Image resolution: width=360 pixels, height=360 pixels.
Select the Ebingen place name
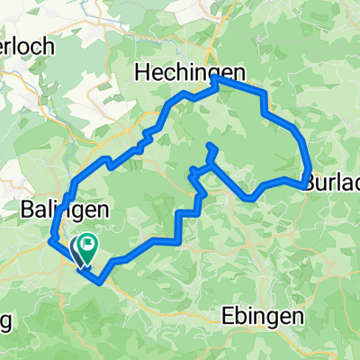click(262, 317)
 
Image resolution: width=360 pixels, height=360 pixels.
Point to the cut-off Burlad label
click(332, 183)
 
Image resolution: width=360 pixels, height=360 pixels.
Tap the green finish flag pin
click(89, 244)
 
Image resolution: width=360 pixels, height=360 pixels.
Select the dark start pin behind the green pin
click(76, 247)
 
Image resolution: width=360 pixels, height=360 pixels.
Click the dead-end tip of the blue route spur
click(209, 145)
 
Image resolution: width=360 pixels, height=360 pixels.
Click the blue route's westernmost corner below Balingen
click(49, 239)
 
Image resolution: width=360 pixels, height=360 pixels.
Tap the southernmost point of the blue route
click(95, 279)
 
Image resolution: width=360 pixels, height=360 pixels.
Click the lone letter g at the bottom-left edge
click(4, 320)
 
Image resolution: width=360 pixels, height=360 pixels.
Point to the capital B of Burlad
click(310, 183)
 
